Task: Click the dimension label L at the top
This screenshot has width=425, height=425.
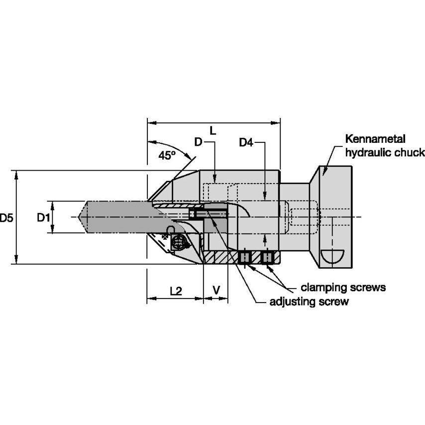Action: [213, 131]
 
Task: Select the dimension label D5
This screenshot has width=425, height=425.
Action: [6, 217]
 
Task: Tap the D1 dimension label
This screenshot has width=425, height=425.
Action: [44, 217]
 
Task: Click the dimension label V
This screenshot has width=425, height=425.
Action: [216, 291]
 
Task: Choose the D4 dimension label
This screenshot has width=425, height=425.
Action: [246, 143]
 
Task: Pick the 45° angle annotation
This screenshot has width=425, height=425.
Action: [167, 155]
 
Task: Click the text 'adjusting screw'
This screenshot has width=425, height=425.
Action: [309, 302]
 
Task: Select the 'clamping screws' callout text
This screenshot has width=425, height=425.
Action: [343, 287]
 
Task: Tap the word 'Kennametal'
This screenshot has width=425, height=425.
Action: [376, 139]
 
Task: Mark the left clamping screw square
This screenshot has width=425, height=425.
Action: [244, 257]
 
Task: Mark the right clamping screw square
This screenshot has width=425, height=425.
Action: [268, 257]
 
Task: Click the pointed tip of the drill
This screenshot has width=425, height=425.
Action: [80, 217]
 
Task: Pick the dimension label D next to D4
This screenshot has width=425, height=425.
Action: [198, 143]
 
